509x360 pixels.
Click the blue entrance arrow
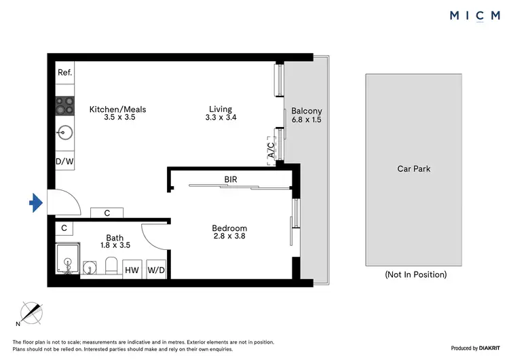(x=36, y=202)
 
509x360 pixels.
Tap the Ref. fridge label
(x=64, y=73)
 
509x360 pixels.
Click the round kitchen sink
(x=64, y=132)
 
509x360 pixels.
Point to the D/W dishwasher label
(x=64, y=161)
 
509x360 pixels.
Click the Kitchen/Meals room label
(x=118, y=109)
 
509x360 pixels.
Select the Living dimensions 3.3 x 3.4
(x=221, y=118)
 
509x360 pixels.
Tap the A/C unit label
(x=271, y=150)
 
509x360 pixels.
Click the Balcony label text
(x=306, y=111)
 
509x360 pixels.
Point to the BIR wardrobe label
(x=231, y=179)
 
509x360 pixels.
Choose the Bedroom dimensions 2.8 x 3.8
(x=229, y=237)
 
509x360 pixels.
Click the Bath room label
(x=115, y=237)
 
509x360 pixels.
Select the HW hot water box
(x=132, y=270)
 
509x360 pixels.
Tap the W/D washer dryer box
(x=156, y=270)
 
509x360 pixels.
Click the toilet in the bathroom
(x=113, y=266)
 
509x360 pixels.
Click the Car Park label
(x=414, y=169)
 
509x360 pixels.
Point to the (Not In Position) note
(x=415, y=274)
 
